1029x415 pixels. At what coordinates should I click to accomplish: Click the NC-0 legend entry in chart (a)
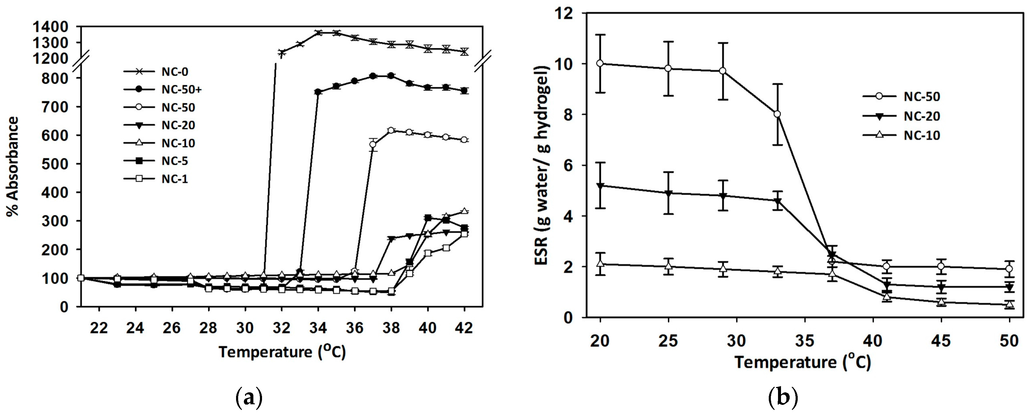(x=175, y=72)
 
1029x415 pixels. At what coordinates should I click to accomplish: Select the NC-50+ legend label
(x=181, y=90)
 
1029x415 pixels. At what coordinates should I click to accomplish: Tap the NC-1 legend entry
(x=175, y=179)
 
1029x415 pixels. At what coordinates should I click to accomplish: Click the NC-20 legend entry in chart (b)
(x=922, y=116)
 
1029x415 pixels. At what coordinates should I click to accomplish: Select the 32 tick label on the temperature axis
(x=281, y=328)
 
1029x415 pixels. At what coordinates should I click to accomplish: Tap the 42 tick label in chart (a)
(x=464, y=328)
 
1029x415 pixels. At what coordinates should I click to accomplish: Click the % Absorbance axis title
(x=13, y=166)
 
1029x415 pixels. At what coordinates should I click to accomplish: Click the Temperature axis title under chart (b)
(x=803, y=362)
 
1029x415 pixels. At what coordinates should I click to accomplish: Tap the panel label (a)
(x=249, y=398)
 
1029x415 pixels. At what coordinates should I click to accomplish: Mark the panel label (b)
(x=783, y=398)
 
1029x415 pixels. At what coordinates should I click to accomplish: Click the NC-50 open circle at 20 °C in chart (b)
(x=600, y=64)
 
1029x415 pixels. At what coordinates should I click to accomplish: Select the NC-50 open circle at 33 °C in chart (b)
(x=777, y=114)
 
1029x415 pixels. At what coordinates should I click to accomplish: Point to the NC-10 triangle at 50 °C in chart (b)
(x=1009, y=304)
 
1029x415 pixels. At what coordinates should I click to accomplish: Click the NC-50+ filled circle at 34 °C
(x=318, y=92)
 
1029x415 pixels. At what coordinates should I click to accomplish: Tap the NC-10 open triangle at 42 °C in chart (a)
(x=464, y=211)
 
